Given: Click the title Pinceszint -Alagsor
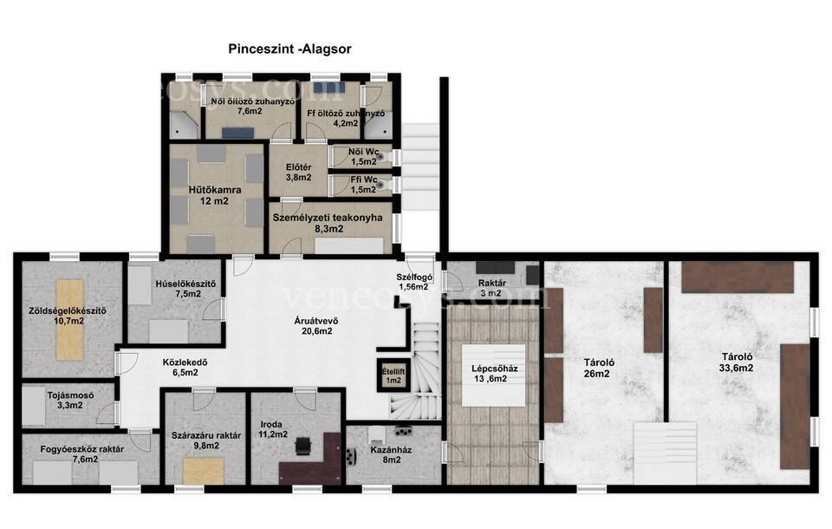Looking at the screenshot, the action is pyautogui.click(x=289, y=49).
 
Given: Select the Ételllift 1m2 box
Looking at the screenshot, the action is pyautogui.click(x=393, y=376).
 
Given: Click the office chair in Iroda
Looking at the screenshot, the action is pyautogui.click(x=303, y=445).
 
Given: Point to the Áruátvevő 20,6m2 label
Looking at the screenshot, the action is pyautogui.click(x=316, y=325).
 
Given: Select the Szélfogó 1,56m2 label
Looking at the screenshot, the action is pyautogui.click(x=414, y=282).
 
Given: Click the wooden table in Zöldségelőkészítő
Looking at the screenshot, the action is pyautogui.click(x=70, y=320).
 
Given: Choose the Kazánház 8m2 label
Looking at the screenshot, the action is pyautogui.click(x=391, y=454).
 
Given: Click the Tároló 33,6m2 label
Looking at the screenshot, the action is pyautogui.click(x=737, y=362).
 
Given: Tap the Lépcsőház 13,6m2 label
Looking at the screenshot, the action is pyautogui.click(x=495, y=374).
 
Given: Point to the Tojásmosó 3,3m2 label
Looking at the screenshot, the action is pyautogui.click(x=70, y=401).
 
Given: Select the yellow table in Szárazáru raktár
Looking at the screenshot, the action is pyautogui.click(x=203, y=471).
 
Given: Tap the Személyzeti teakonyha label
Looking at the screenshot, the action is pyautogui.click(x=328, y=217).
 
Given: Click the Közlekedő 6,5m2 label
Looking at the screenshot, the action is pyautogui.click(x=185, y=368).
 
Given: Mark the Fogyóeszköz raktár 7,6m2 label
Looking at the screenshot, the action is pyautogui.click(x=82, y=454).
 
